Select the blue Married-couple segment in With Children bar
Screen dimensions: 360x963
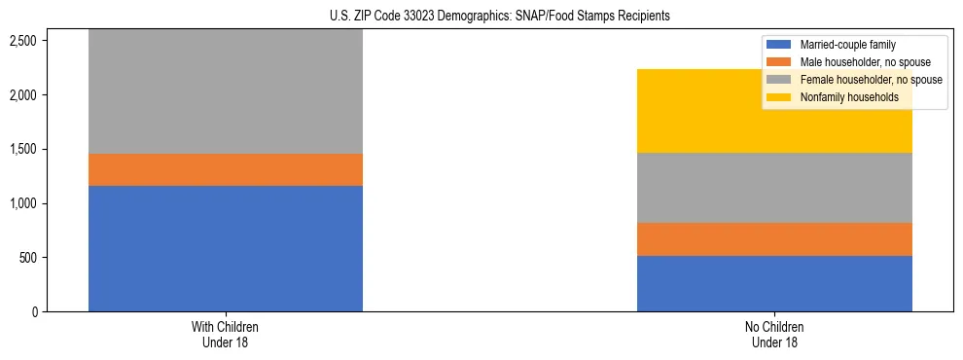click(x=226, y=248)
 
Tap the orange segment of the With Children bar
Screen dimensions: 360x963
click(x=226, y=169)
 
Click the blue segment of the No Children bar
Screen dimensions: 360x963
click(x=774, y=283)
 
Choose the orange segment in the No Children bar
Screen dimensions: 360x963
click(x=774, y=239)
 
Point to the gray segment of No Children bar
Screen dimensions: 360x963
click(x=774, y=188)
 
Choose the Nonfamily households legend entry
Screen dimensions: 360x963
click(x=842, y=97)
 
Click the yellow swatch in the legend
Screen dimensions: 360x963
click(x=779, y=97)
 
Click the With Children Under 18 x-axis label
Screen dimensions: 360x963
click(x=226, y=335)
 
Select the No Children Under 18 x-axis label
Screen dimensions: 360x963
click(x=774, y=335)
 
